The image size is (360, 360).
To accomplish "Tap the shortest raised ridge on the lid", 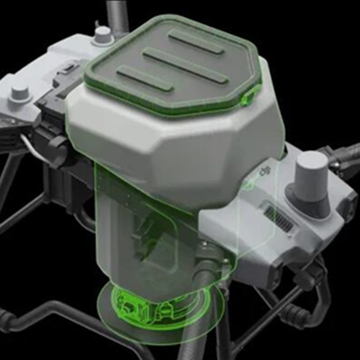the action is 145,78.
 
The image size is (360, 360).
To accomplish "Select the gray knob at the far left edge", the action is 20,94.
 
